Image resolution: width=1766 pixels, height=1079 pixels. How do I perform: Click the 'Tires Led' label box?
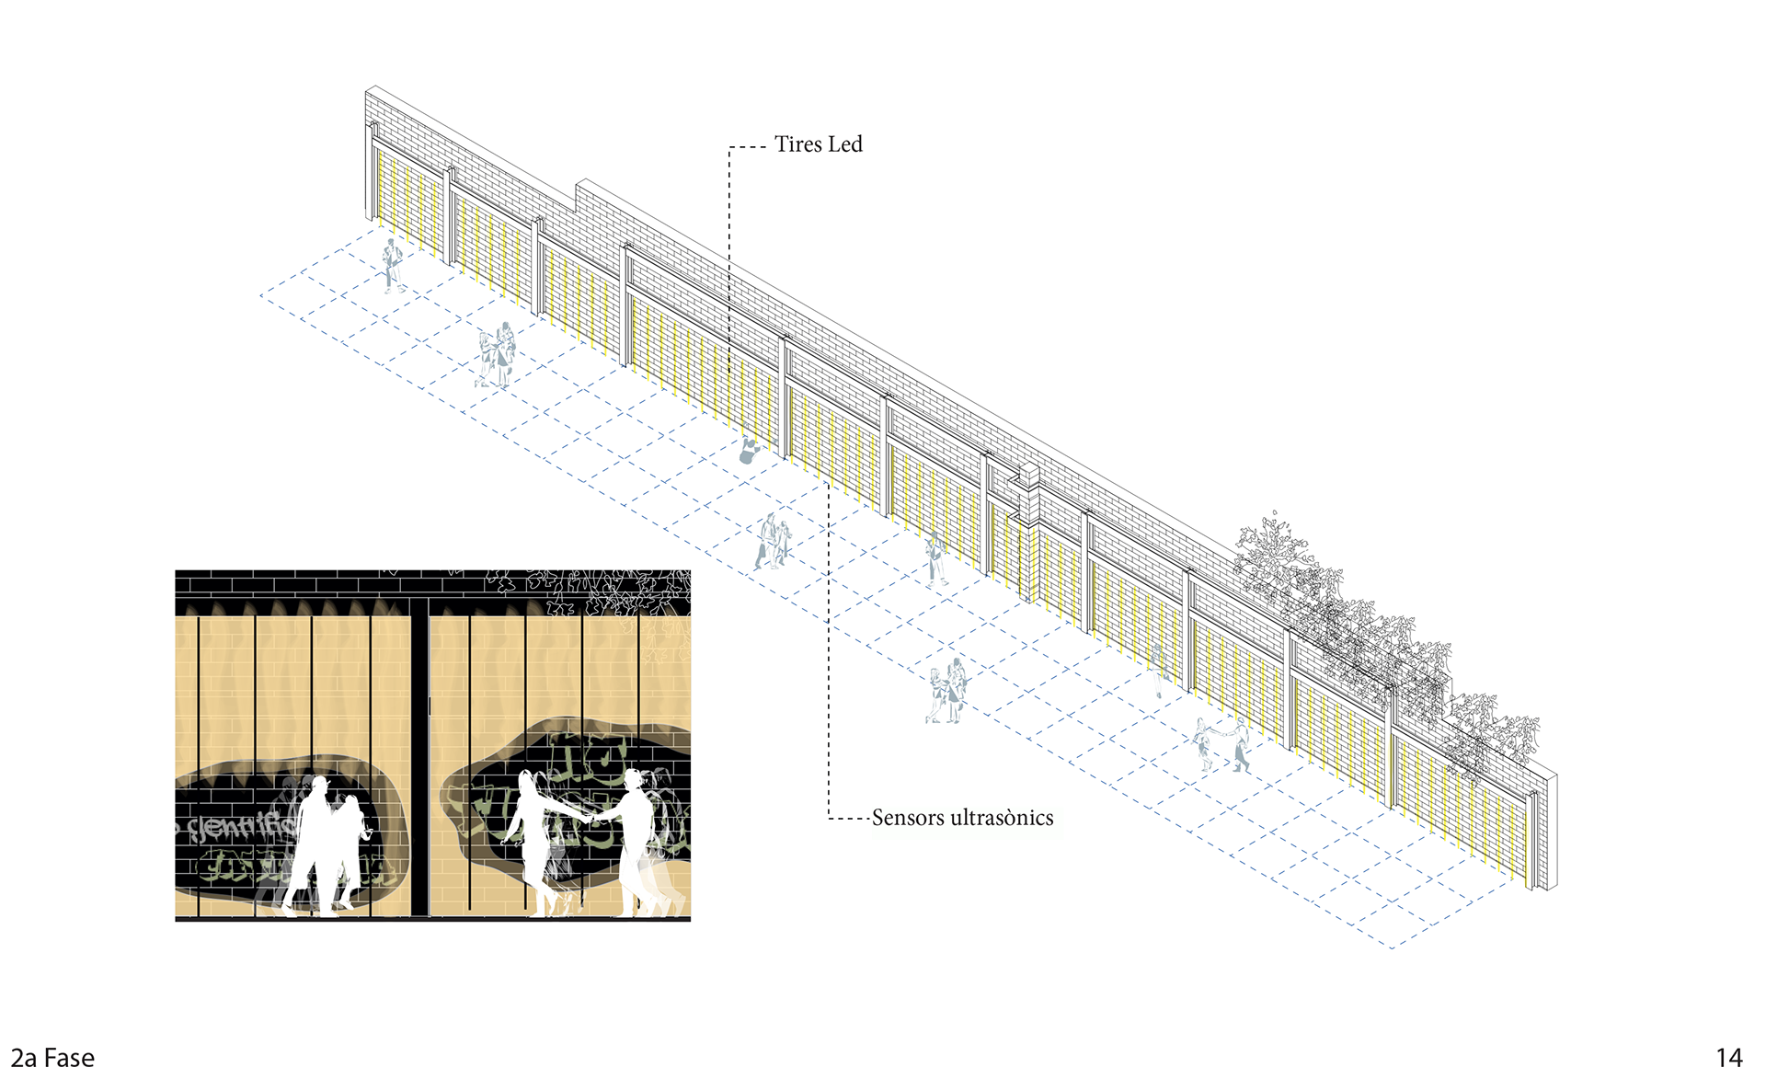coord(847,152)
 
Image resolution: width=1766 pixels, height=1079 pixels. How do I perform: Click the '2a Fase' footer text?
coord(52,1058)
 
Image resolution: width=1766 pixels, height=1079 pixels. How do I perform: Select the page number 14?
coord(1729,1058)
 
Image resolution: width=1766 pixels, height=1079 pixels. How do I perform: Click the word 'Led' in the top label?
coord(845,144)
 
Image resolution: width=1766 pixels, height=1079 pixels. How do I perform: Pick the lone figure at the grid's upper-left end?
coord(393,266)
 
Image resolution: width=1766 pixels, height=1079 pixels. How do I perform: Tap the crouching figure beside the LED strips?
coord(751,449)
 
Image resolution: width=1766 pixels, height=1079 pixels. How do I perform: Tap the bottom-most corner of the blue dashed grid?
coord(1393,947)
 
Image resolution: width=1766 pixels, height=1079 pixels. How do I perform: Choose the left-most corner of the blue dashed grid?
coord(262,296)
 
